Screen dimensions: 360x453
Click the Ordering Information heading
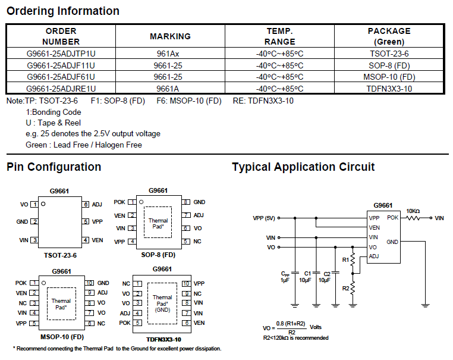tap(63, 11)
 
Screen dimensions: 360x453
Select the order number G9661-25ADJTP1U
tap(61, 53)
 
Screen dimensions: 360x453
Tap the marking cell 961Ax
tap(169, 53)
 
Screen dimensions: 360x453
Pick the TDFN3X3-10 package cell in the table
tap(389, 89)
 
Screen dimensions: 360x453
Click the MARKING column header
tap(170, 36)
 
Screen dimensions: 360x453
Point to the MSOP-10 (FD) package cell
tap(389, 77)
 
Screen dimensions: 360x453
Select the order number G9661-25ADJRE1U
tap(61, 89)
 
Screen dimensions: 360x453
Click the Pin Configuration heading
tap(54, 167)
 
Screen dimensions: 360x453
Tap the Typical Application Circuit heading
tap(303, 167)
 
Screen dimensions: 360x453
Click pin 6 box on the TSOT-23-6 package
tap(86, 204)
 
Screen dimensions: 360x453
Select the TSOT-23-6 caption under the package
tap(60, 255)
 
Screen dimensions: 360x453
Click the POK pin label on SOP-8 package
tap(119, 202)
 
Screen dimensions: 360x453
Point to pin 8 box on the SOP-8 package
tap(186, 202)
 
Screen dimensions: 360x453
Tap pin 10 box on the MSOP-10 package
tap(90, 283)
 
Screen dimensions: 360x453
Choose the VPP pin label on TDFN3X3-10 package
tap(199, 284)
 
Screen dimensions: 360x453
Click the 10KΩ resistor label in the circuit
tap(413, 211)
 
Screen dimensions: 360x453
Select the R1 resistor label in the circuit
tap(345, 259)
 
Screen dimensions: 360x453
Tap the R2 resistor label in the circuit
tap(345, 288)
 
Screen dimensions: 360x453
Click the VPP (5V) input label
tap(265, 218)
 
